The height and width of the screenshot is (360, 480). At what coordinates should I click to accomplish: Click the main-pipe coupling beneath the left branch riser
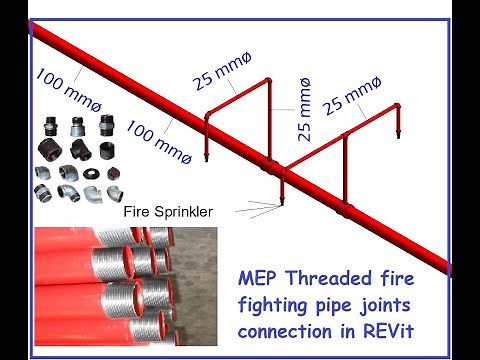pos(281,176)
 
